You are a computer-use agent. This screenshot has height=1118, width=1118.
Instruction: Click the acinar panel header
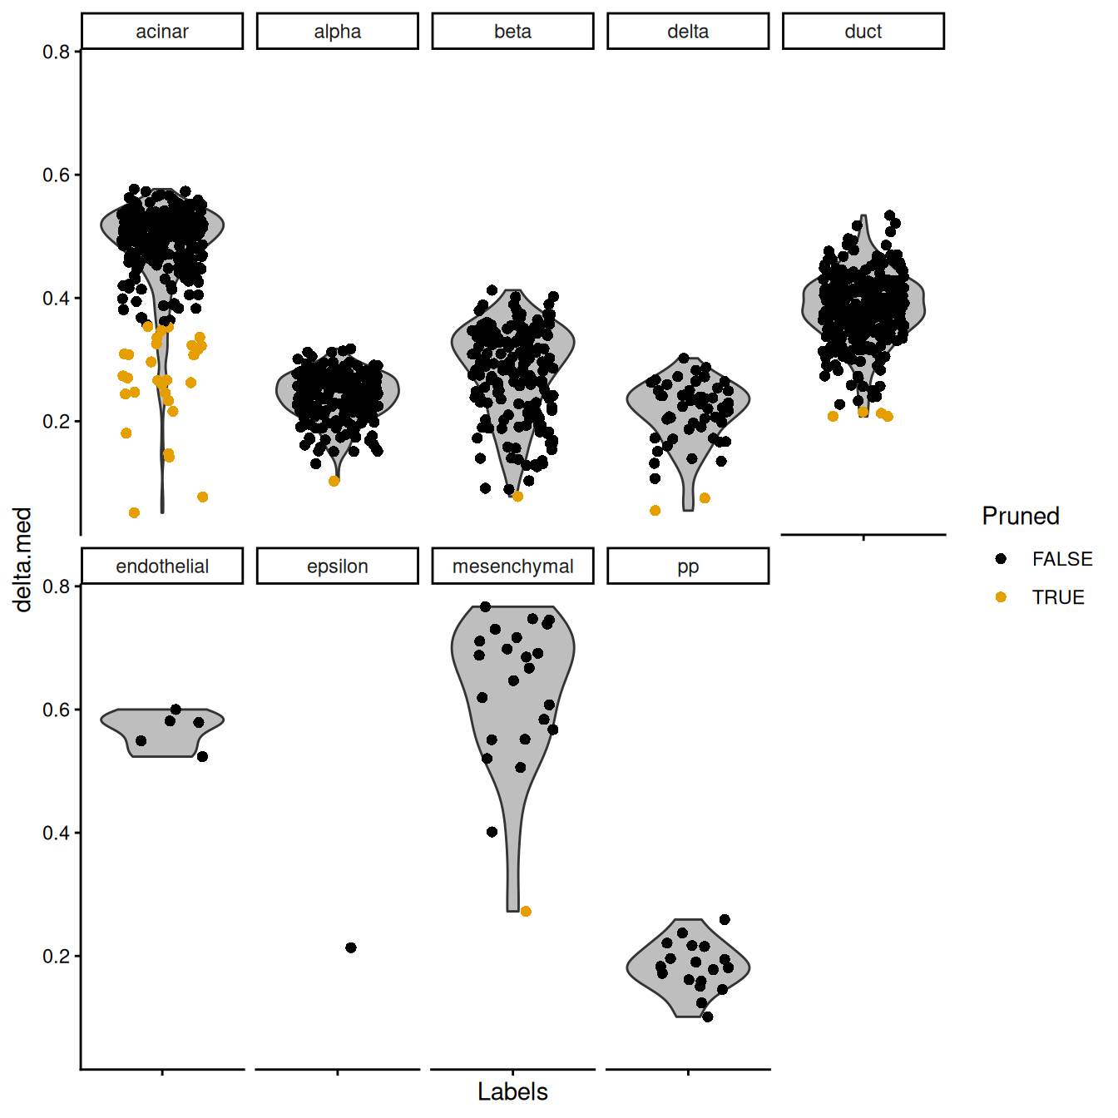162,32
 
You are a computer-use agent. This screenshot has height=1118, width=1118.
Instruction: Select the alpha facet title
337,32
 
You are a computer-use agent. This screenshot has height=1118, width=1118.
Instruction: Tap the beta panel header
512,32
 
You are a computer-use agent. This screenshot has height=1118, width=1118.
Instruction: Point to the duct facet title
863,32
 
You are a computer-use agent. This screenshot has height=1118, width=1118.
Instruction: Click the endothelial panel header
162,566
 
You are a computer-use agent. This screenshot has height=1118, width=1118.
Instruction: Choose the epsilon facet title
337,566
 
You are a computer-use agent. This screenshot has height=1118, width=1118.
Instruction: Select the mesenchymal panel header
512,566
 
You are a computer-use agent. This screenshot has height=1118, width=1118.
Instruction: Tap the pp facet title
687,566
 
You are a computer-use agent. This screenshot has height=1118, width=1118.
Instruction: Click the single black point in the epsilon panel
351,947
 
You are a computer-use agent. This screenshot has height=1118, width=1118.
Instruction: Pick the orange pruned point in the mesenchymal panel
526,912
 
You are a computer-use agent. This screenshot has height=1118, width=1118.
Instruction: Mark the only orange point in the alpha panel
334,481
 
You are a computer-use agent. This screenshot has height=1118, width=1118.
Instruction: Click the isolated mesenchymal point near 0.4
492,832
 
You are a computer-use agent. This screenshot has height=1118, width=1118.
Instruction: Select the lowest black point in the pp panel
707,1017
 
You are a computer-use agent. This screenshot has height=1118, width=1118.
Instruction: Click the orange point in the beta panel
517,497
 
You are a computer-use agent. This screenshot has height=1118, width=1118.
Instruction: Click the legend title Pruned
1020,516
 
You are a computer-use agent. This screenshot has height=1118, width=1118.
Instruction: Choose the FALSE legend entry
1061,559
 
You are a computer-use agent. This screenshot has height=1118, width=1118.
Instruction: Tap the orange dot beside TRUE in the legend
1001,597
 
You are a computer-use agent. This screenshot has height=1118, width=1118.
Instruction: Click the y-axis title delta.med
23,559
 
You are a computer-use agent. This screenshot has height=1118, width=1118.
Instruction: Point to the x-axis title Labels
512,1091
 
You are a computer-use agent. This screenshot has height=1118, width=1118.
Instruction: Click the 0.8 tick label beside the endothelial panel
56,586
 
